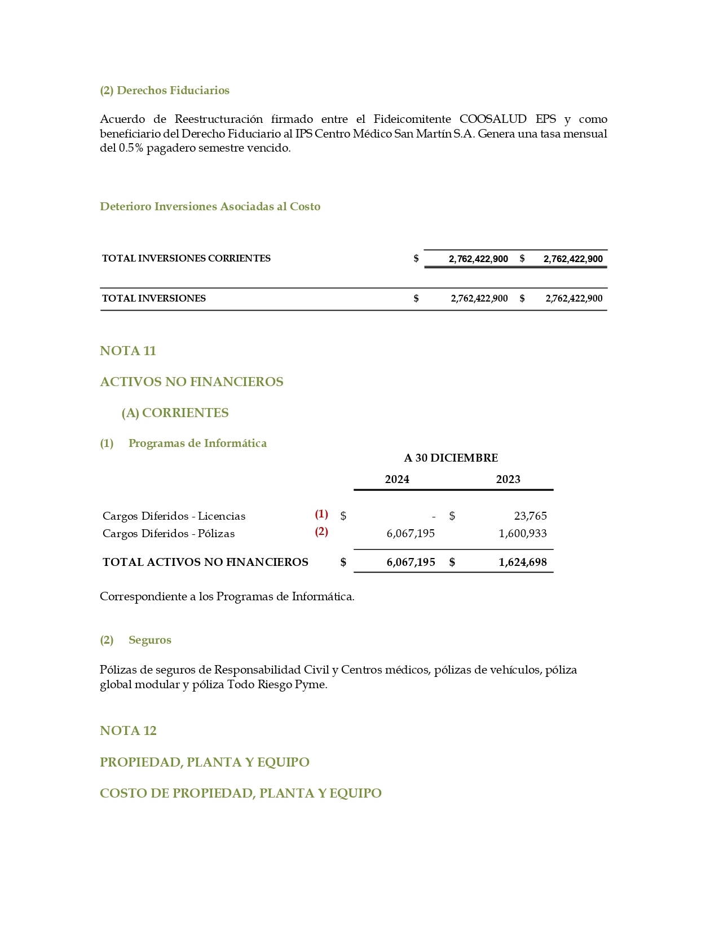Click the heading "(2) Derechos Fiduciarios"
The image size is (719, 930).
pyautogui.click(x=164, y=90)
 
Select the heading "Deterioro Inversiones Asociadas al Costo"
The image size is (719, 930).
pyautogui.click(x=210, y=206)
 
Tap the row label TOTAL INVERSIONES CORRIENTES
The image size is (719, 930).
pyautogui.click(x=186, y=258)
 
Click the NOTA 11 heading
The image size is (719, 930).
pyautogui.click(x=128, y=351)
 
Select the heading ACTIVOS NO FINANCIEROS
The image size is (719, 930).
pyautogui.click(x=191, y=382)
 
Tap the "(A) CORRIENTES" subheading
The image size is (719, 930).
pyautogui.click(x=175, y=413)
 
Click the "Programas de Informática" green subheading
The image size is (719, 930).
pyautogui.click(x=197, y=443)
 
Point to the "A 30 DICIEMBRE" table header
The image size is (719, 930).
pyautogui.click(x=451, y=458)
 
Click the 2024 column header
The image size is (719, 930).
pyautogui.click(x=397, y=479)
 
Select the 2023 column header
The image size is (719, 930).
pyautogui.click(x=508, y=479)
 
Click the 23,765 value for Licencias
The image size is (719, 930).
pyautogui.click(x=530, y=516)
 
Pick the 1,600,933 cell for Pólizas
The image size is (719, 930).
pyautogui.click(x=522, y=533)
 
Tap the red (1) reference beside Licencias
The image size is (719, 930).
pyautogui.click(x=321, y=514)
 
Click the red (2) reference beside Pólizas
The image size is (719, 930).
pyautogui.click(x=321, y=532)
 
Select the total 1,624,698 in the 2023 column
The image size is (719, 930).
pyautogui.click(x=522, y=562)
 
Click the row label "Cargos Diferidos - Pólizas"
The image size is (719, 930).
pyautogui.click(x=169, y=533)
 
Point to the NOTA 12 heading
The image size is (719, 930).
pyautogui.click(x=128, y=730)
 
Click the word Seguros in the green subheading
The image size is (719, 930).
pyautogui.click(x=150, y=640)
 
